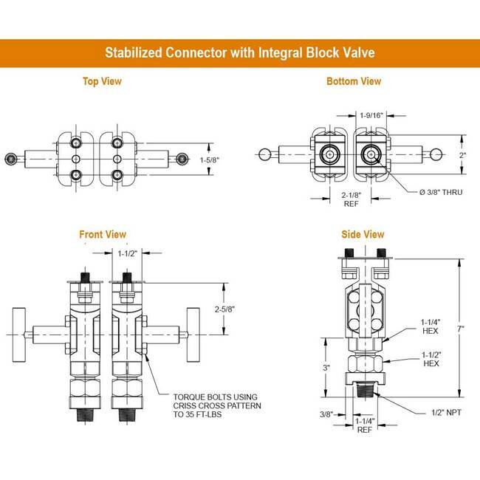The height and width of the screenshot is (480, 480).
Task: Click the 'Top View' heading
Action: point(102,81)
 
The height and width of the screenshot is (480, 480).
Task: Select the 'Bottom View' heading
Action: point(354,81)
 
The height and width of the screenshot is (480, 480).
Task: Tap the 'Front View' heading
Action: point(103,235)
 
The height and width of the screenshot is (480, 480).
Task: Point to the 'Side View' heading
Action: point(363,235)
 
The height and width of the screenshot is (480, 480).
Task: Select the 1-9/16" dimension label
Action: point(371,115)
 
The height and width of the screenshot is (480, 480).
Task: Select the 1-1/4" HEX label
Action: point(431,326)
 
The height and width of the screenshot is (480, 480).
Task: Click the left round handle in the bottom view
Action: point(264,154)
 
